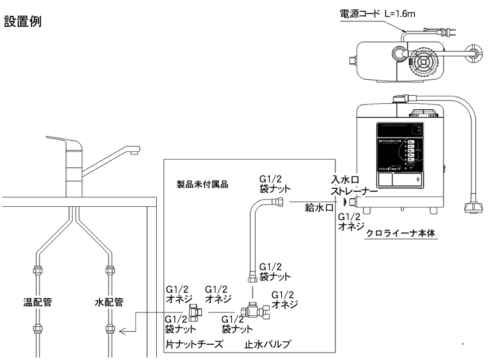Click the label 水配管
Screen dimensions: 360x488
point(109,301)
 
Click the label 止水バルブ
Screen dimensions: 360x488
point(267,344)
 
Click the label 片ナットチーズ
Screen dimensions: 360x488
point(193,344)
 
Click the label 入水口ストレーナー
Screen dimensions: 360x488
point(353,185)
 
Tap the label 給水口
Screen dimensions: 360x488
point(318,208)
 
